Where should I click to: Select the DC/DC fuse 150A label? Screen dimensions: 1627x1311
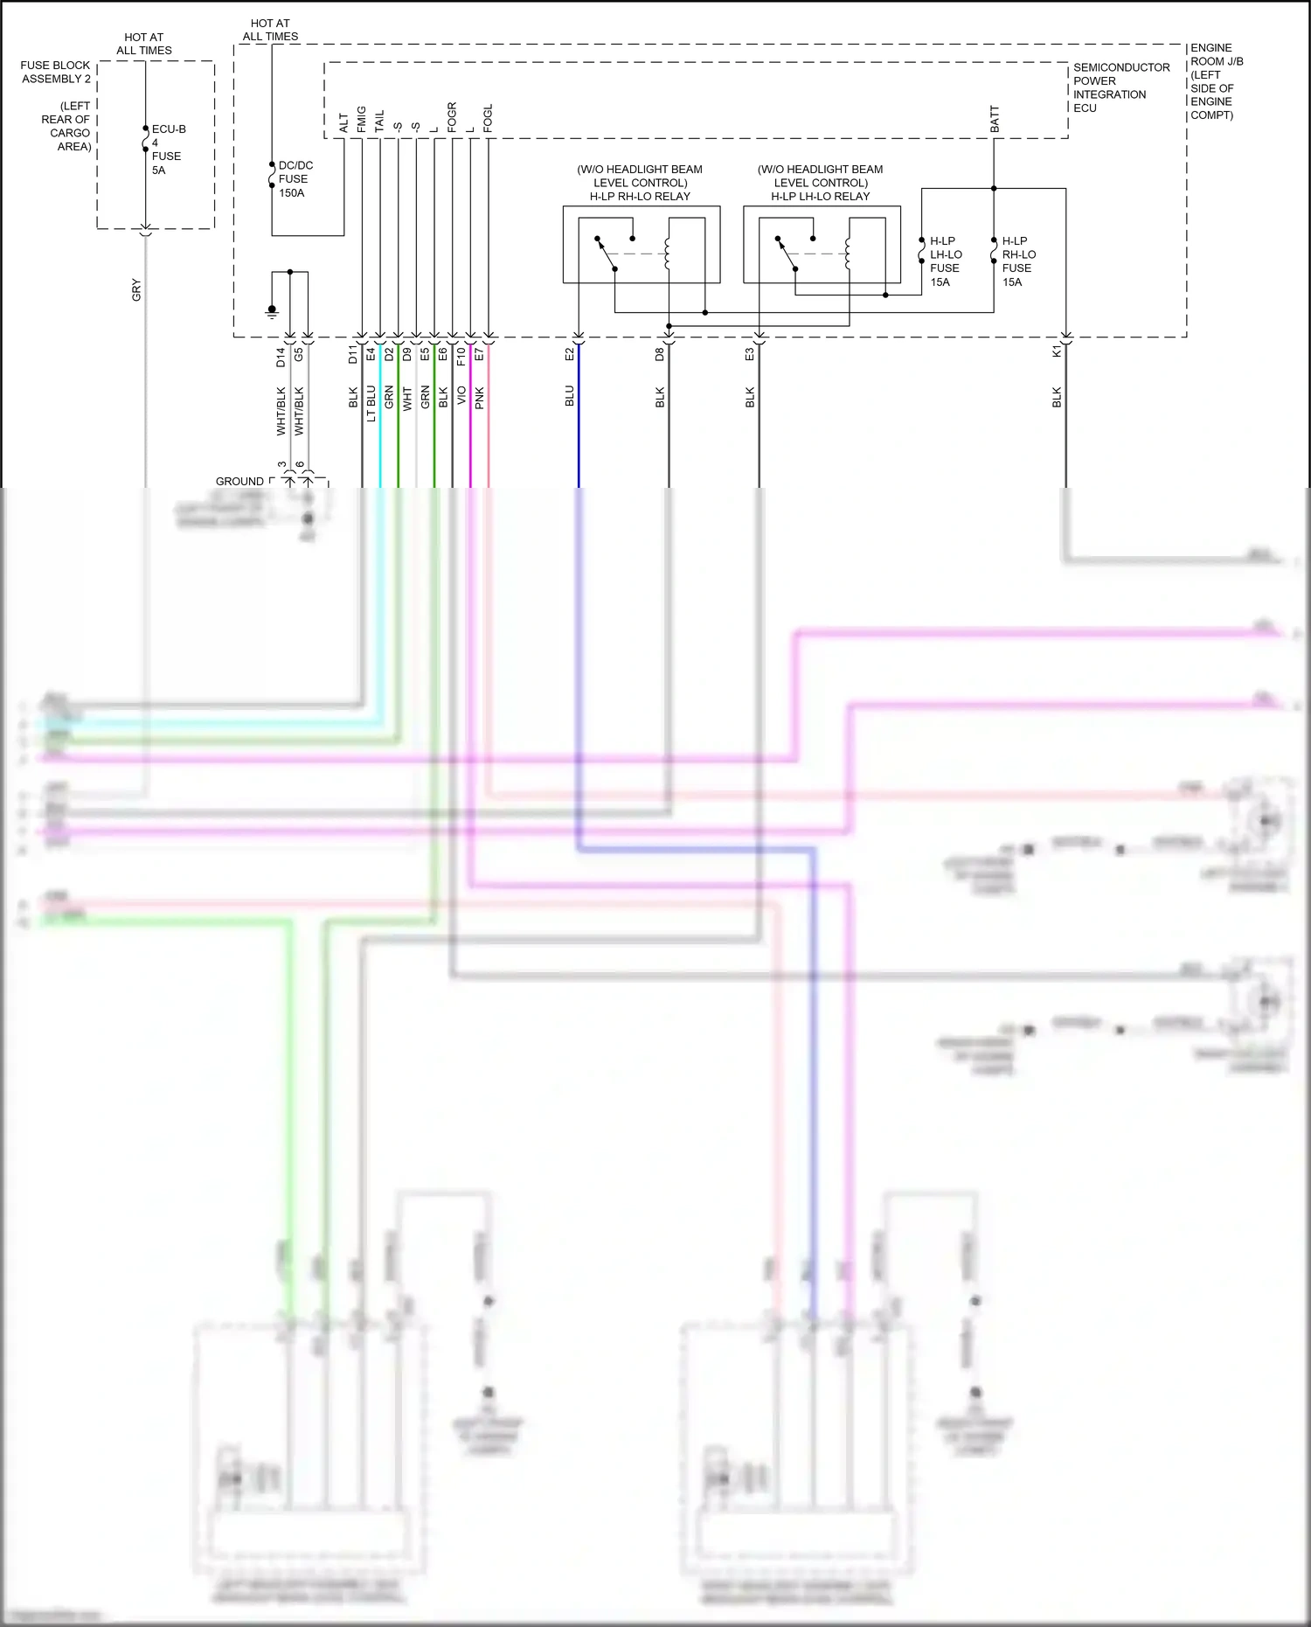pos(294,179)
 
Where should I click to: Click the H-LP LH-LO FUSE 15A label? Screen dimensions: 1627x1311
pos(944,261)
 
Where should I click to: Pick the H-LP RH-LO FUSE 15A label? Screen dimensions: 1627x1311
pos(1017,261)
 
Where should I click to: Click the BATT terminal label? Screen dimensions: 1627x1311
pos(995,119)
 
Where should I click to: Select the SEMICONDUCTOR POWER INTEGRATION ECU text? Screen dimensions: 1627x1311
pos(1120,87)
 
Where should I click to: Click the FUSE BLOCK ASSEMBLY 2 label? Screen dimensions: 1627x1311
pos(55,72)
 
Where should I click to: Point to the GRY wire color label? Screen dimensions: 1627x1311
pos(136,290)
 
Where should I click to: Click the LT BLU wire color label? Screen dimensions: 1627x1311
pos(371,403)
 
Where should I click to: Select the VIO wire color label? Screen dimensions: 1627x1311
pos(461,398)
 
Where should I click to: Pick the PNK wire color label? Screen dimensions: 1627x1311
pos(480,399)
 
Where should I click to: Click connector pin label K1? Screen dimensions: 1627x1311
pos(1057,351)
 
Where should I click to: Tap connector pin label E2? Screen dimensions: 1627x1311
pos(570,354)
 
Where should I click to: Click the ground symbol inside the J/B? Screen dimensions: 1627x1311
pos(272,310)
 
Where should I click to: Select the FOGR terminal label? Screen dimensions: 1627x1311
pos(452,117)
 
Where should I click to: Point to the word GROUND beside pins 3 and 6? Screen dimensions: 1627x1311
pos(239,482)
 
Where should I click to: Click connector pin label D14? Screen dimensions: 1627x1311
pos(281,357)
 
